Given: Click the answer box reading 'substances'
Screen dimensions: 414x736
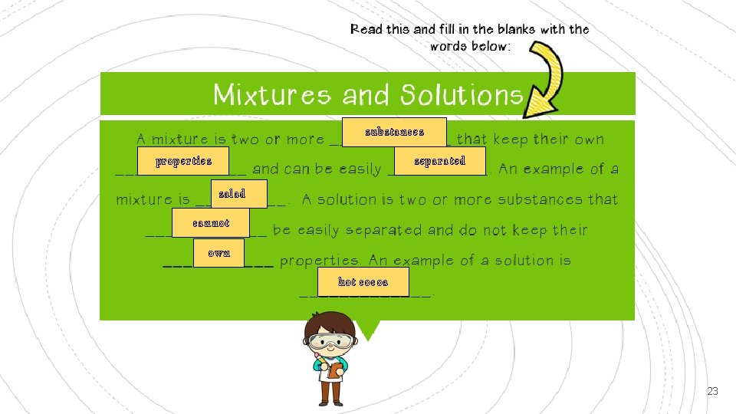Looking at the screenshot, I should click(x=394, y=132).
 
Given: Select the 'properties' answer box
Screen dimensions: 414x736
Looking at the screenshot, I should click(x=183, y=162).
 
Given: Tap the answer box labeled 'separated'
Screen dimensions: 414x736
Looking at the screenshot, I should click(x=439, y=162).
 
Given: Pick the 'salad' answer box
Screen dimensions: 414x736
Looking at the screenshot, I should click(x=232, y=194).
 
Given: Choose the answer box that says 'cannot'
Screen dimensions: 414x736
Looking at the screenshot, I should click(x=211, y=224).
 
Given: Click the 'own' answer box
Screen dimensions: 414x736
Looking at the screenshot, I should click(x=219, y=253).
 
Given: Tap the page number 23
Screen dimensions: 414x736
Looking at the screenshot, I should click(x=712, y=392).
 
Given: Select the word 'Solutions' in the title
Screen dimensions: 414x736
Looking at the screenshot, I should click(x=461, y=95).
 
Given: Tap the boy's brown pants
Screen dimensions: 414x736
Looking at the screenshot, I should click(x=331, y=391).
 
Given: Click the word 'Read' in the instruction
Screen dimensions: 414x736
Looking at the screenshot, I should click(x=366, y=30).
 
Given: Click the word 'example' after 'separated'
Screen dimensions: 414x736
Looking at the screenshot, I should click(x=547, y=169).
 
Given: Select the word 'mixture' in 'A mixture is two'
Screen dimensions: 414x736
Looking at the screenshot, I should click(x=180, y=140).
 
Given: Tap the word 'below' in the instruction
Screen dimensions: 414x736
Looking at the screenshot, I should click(x=488, y=47).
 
